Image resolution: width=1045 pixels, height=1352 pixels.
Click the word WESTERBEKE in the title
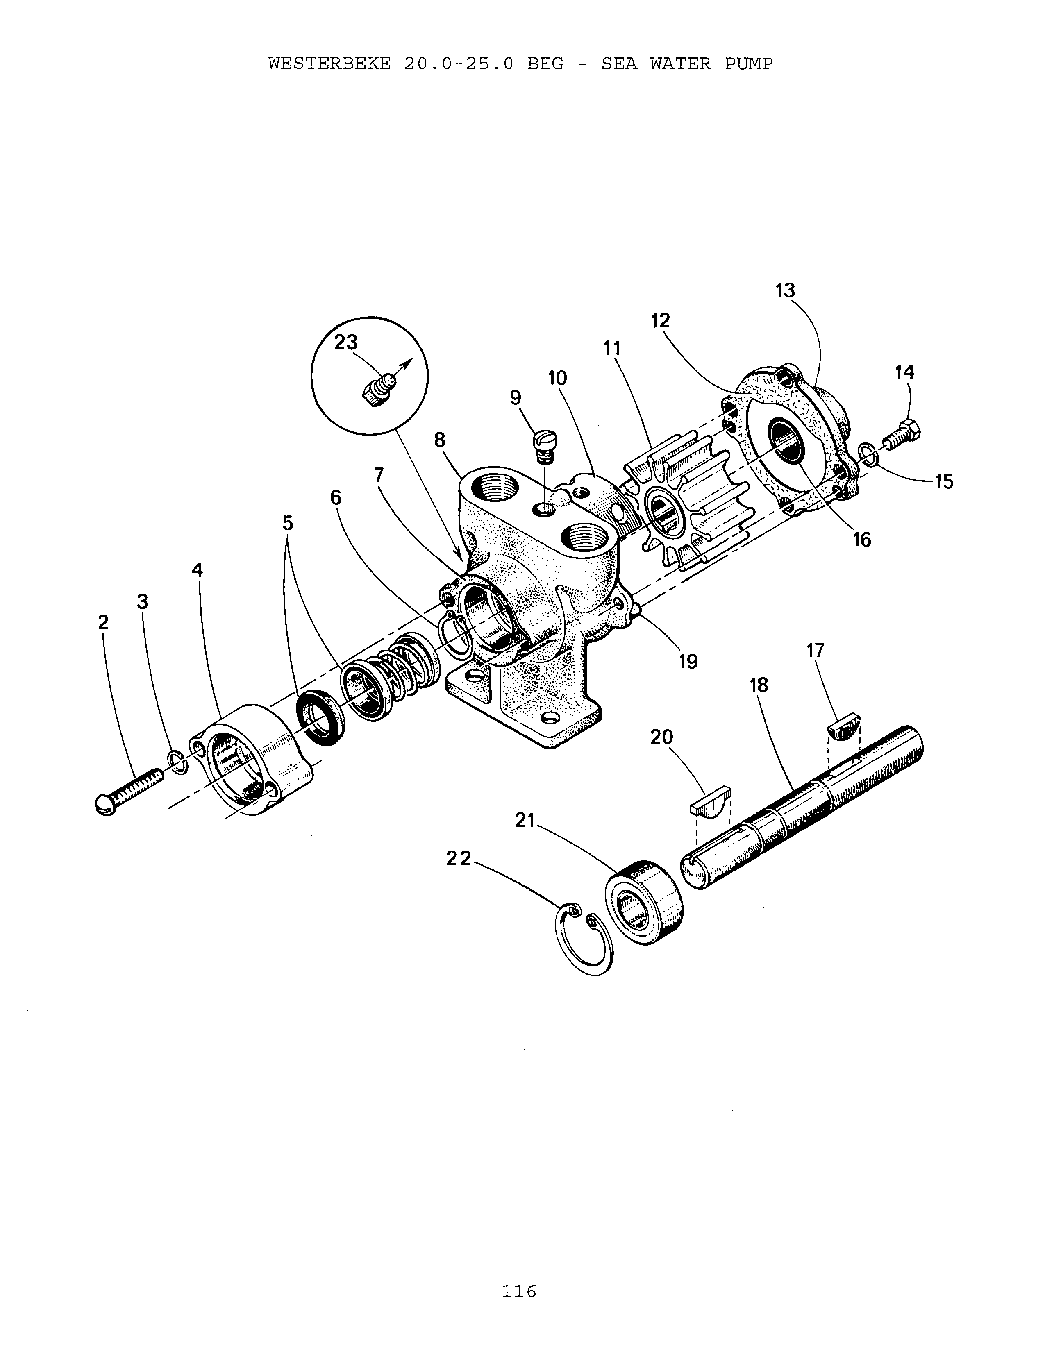point(329,64)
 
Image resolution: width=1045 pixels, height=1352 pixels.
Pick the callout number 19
point(688,662)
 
